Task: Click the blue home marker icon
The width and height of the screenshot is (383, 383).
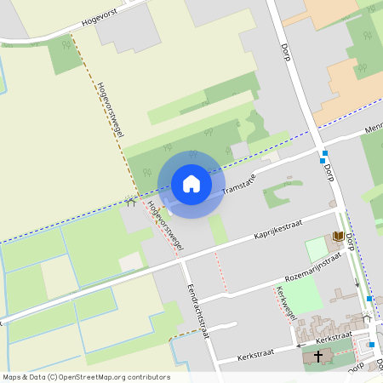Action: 191,184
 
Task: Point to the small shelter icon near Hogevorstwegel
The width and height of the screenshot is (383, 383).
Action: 130,203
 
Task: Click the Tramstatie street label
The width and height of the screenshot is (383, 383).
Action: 238,183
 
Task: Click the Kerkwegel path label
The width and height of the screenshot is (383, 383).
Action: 286,303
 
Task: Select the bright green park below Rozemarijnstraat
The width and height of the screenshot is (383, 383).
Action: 301,294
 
